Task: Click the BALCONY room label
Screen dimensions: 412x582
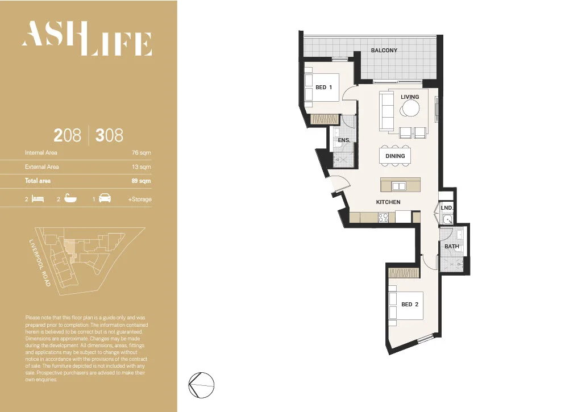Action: [384, 51]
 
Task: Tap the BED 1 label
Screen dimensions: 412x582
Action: [323, 88]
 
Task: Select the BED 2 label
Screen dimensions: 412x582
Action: [410, 305]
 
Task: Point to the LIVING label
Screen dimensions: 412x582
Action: [410, 97]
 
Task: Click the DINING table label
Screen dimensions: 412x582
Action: [395, 156]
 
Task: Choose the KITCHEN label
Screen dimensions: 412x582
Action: [388, 202]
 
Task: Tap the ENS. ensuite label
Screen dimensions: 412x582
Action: [343, 140]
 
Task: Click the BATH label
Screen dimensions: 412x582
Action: [452, 247]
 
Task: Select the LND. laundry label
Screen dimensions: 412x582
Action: [447, 208]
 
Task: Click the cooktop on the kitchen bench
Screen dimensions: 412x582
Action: [383, 217]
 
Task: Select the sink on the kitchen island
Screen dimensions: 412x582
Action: [399, 186]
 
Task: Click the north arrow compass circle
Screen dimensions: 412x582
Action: [202, 385]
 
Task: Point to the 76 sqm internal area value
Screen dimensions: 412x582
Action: [141, 153]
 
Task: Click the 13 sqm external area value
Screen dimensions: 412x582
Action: [141, 167]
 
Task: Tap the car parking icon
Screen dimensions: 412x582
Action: [105, 199]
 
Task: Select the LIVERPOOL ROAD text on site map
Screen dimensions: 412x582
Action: [40, 262]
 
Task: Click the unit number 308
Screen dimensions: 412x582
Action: [109, 135]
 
